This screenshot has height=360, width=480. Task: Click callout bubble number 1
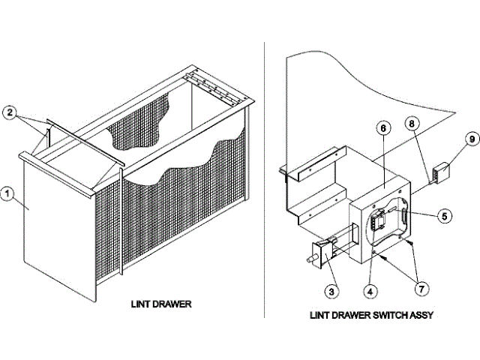pos(8,195)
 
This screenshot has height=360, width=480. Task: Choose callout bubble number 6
pos(382,128)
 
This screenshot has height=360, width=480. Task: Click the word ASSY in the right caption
pos(420,316)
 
